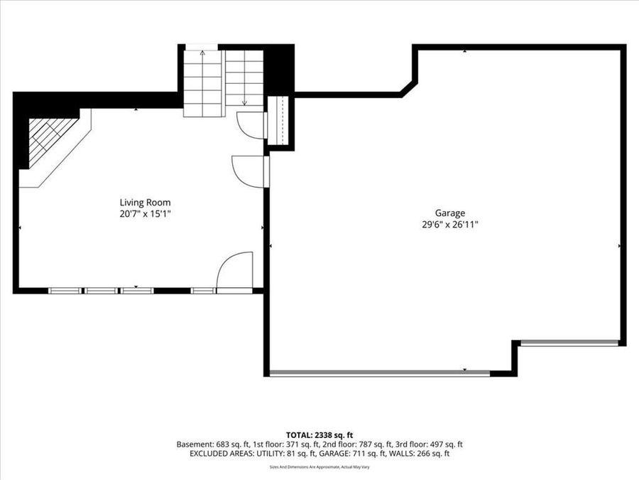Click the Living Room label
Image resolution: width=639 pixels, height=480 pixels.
(x=145, y=202)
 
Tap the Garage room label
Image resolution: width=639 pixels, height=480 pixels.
(x=450, y=213)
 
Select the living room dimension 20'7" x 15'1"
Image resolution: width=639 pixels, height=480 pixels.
(x=145, y=213)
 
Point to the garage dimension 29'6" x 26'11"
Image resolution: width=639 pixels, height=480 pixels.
(x=450, y=224)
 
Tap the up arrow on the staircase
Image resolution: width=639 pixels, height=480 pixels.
(x=203, y=54)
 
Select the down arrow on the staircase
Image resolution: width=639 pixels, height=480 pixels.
(x=244, y=100)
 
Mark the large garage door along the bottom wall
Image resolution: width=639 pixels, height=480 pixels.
(x=380, y=373)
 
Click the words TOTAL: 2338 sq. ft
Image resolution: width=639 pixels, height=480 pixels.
(x=319, y=434)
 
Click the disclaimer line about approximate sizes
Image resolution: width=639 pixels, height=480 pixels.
(x=319, y=467)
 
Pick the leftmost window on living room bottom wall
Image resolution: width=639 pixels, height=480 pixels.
(x=65, y=290)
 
